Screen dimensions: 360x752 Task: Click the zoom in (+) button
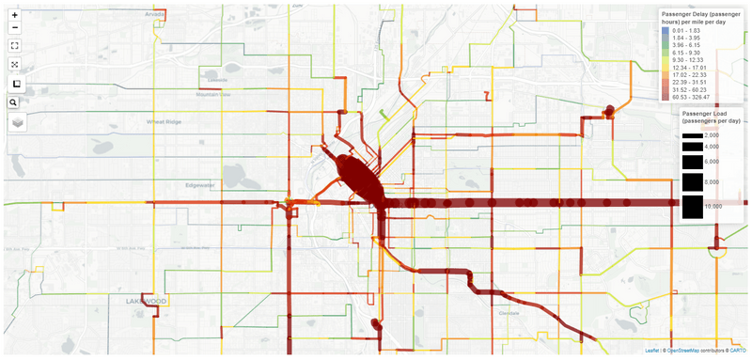coord(15,16)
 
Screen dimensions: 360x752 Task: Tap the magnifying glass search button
coord(15,102)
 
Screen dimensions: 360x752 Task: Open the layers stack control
coord(18,123)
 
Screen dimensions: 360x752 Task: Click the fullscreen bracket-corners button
coord(15,45)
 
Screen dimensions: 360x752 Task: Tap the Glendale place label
coord(509,312)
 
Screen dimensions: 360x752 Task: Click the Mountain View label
coord(213,94)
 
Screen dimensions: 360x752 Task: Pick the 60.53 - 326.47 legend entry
coord(698,96)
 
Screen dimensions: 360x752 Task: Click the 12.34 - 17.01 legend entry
coord(697,68)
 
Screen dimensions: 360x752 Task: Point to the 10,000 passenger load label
coord(713,205)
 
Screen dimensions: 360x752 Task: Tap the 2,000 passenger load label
coord(712,135)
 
